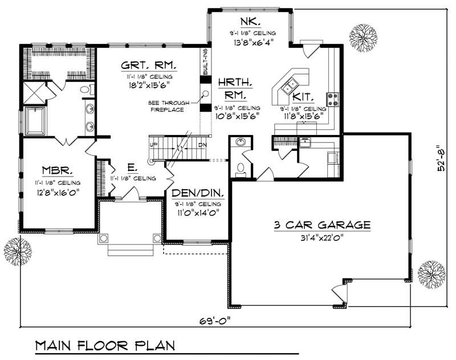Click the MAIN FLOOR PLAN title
[105, 346]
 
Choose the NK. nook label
[250, 22]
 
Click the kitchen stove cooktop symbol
[332, 100]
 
